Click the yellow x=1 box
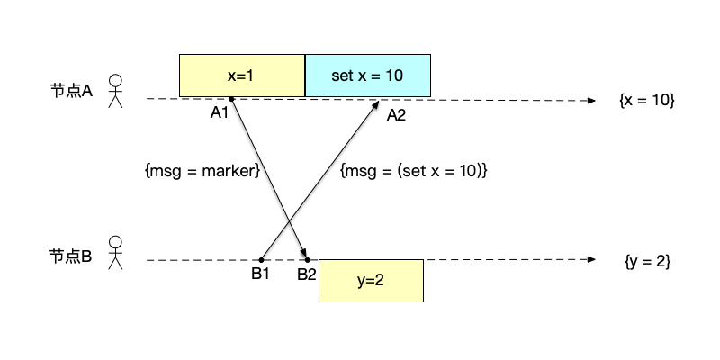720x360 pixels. click(x=242, y=76)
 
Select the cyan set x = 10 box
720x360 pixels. click(x=367, y=76)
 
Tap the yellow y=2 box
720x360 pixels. click(x=370, y=280)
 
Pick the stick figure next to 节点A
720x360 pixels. click(x=115, y=91)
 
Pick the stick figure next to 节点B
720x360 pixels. click(x=115, y=253)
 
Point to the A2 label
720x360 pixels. click(x=397, y=114)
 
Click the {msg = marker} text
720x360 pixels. click(x=202, y=170)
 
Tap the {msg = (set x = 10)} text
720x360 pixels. click(x=414, y=170)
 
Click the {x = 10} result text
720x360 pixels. click(x=646, y=101)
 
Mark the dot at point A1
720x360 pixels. click(x=231, y=98)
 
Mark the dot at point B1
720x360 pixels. click(x=261, y=260)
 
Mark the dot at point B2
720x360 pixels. click(x=308, y=260)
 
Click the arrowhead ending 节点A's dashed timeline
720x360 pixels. click(x=592, y=99)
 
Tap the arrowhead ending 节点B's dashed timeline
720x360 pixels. click(x=592, y=260)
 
